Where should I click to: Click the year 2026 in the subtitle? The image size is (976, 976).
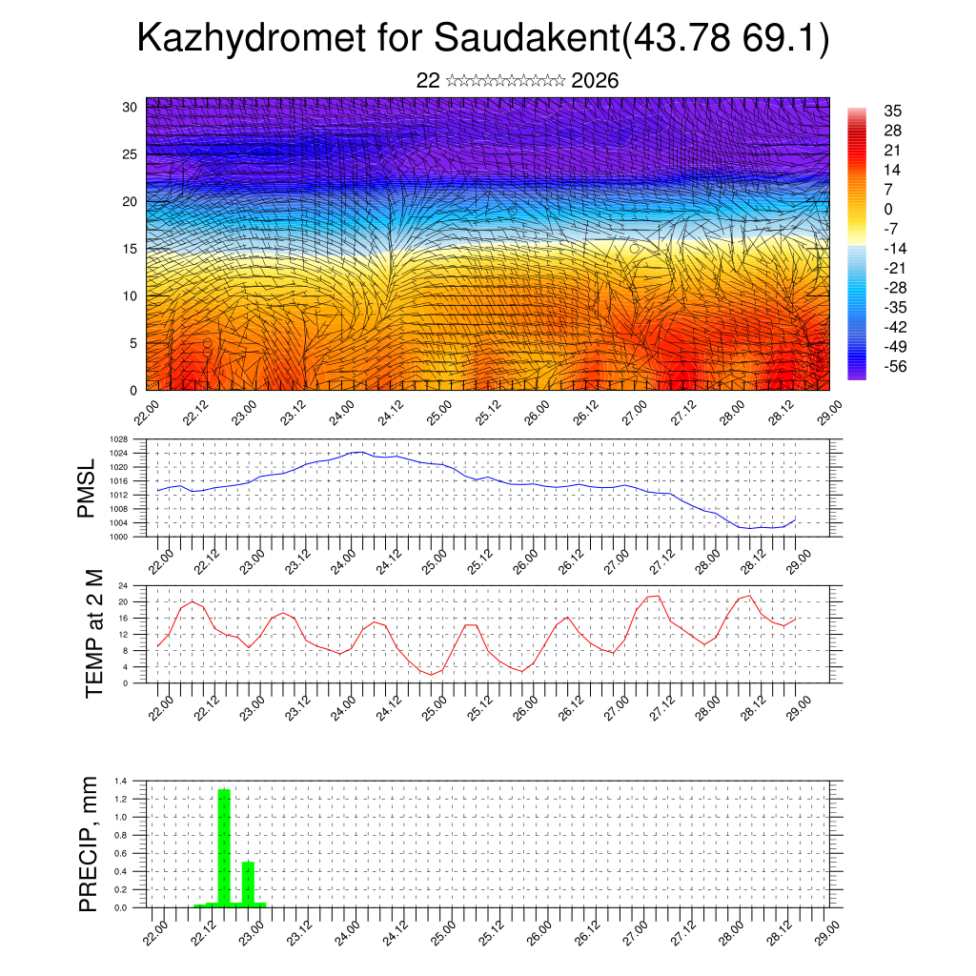click(x=595, y=81)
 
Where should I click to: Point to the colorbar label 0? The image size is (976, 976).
click(x=887, y=209)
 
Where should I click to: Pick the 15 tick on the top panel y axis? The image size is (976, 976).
click(x=131, y=249)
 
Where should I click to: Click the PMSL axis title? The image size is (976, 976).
click(x=88, y=489)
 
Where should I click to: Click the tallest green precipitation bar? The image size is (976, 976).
click(x=225, y=846)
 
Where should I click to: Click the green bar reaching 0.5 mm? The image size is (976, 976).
click(x=248, y=883)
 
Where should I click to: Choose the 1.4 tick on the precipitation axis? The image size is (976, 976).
click(x=121, y=781)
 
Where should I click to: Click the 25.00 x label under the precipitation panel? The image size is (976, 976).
click(x=439, y=930)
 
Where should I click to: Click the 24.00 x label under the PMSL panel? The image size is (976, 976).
click(x=344, y=560)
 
